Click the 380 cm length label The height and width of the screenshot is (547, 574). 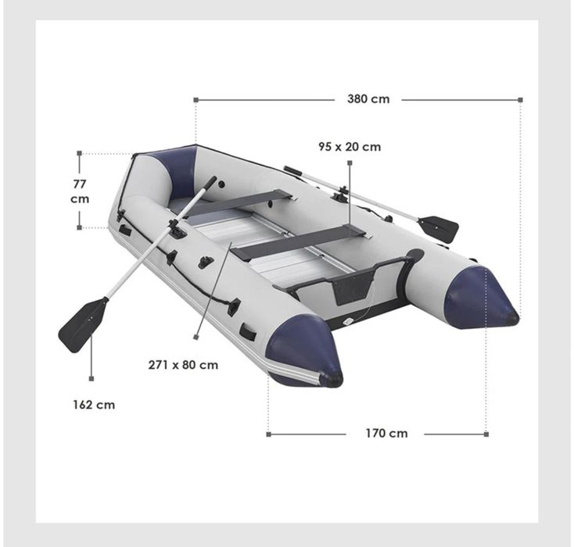[368, 99]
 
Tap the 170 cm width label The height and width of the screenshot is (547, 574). [386, 434]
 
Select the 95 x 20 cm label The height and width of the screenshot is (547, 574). [350, 147]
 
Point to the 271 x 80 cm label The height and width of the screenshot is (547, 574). [183, 365]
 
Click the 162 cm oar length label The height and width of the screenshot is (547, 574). [94, 405]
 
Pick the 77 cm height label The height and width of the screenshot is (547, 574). [80, 191]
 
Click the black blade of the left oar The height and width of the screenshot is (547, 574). [83, 325]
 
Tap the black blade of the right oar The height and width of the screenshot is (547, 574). [439, 229]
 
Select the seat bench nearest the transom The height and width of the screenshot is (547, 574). [303, 241]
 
